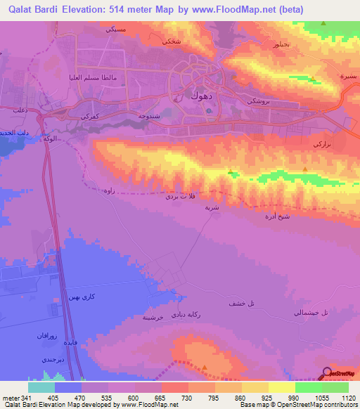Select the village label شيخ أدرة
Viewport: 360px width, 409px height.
[x=295, y=218]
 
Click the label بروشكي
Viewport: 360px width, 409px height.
[x=262, y=101]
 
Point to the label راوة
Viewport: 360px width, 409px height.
[x=108, y=190]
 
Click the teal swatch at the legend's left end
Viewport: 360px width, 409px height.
[x=41, y=387]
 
